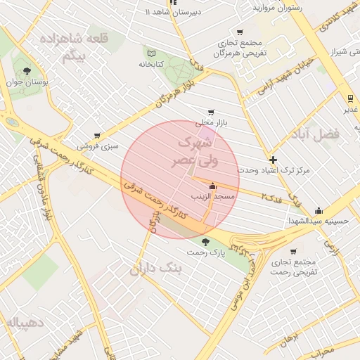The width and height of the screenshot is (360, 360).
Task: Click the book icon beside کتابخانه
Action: click(152, 53)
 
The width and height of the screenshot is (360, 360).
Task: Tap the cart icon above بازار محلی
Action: click(211, 112)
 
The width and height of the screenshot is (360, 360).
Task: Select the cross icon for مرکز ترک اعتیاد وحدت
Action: click(274, 160)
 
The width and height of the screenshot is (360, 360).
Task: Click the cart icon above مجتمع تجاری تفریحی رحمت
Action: click(292, 252)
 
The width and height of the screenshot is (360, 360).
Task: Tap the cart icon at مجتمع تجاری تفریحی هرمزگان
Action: click(240, 32)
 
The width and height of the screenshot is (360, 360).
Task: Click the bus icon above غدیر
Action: click(349, 98)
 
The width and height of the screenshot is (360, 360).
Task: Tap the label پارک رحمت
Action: click(205, 252)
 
